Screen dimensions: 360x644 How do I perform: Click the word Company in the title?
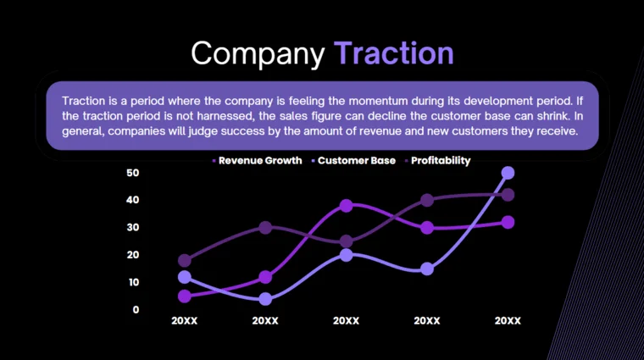point(258,53)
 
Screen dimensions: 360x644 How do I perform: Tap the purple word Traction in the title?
point(393,53)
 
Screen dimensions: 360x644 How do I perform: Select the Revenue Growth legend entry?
point(259,160)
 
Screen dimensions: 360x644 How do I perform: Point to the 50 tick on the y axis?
point(132,173)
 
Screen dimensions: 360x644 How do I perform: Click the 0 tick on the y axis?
point(136,310)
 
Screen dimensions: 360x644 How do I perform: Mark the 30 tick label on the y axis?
point(132,228)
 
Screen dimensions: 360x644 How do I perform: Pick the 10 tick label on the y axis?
point(132,282)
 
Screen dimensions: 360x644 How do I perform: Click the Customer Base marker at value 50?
point(508,173)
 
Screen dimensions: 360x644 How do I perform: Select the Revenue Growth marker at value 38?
point(347,206)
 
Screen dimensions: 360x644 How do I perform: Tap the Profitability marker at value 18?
point(185,261)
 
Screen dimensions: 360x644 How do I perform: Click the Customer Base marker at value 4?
point(265,299)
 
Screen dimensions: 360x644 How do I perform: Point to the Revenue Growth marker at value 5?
point(185,296)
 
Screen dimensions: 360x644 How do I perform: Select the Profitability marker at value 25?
point(347,241)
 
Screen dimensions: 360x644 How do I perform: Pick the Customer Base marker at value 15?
point(427,269)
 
